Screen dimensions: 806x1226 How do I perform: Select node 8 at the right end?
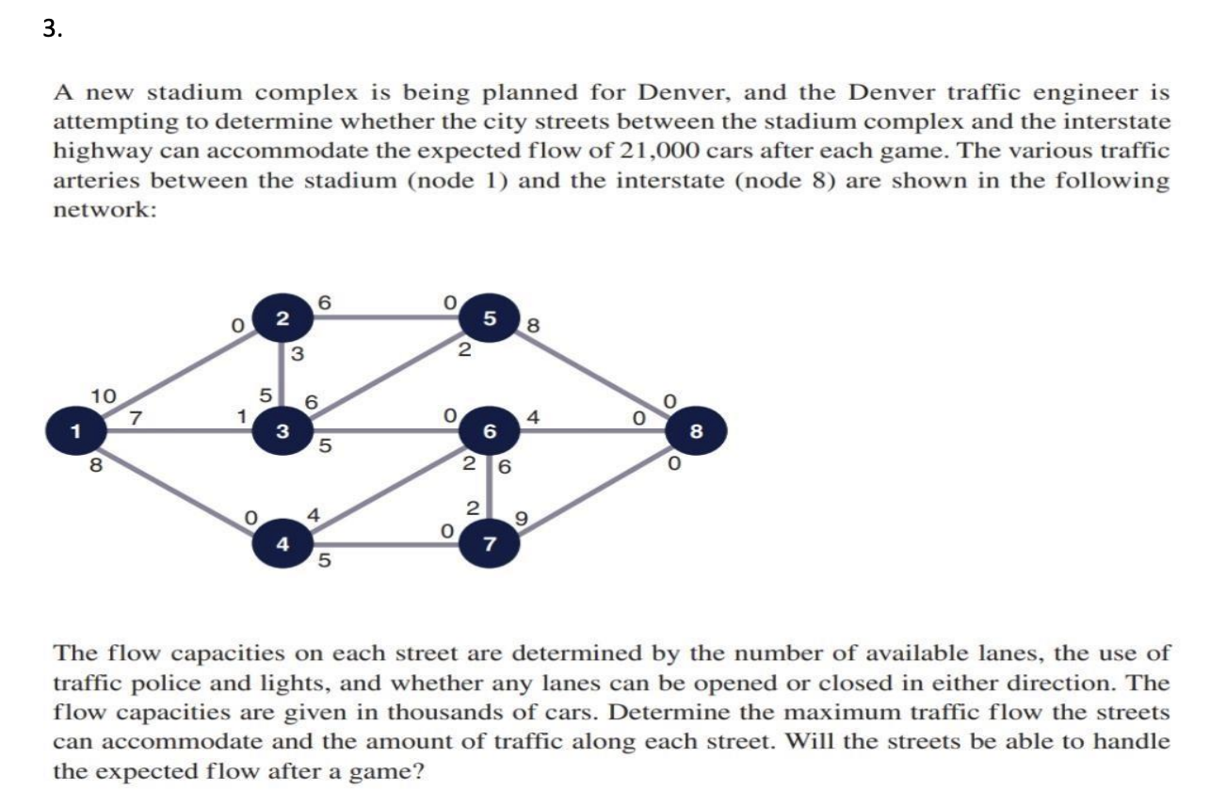pyautogui.click(x=696, y=431)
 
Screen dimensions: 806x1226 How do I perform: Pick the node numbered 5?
pyautogui.click(x=490, y=318)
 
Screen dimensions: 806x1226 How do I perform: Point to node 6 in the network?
pyautogui.click(x=490, y=431)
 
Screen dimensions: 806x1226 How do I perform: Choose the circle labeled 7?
pyautogui.click(x=490, y=543)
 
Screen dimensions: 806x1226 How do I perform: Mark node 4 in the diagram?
pyautogui.click(x=282, y=543)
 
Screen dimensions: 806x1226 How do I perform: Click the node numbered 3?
pyautogui.click(x=282, y=431)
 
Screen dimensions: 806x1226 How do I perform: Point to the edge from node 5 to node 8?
pyautogui.click(x=593, y=375)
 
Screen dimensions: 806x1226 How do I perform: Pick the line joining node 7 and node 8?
pyautogui.click(x=593, y=487)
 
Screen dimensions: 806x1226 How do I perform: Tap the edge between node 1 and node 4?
pyautogui.click(x=179, y=487)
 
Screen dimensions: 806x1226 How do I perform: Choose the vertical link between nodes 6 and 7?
pyautogui.click(x=490, y=488)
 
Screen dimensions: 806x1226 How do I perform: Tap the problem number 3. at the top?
pyautogui.click(x=53, y=28)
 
